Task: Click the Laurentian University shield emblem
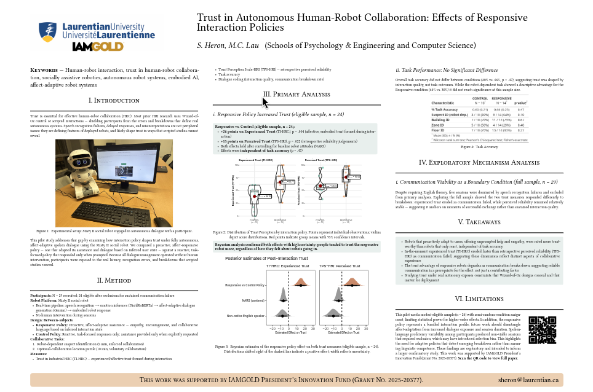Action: [x=47, y=30]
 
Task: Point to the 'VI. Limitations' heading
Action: [x=479, y=299]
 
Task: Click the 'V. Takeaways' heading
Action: [x=479, y=222]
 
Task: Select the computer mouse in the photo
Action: [x=161, y=221]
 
